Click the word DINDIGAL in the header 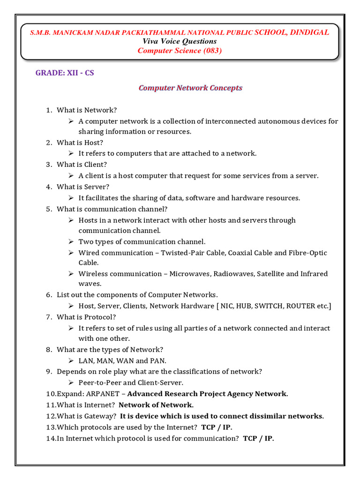click(x=309, y=32)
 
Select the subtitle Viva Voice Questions click(x=180, y=41)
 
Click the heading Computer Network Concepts click(x=190, y=88)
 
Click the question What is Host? click(x=80, y=142)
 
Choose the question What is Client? click(x=82, y=165)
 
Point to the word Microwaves click(x=190, y=274)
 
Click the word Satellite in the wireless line click(x=270, y=274)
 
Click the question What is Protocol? click(x=86, y=317)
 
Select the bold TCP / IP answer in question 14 click(x=258, y=438)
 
